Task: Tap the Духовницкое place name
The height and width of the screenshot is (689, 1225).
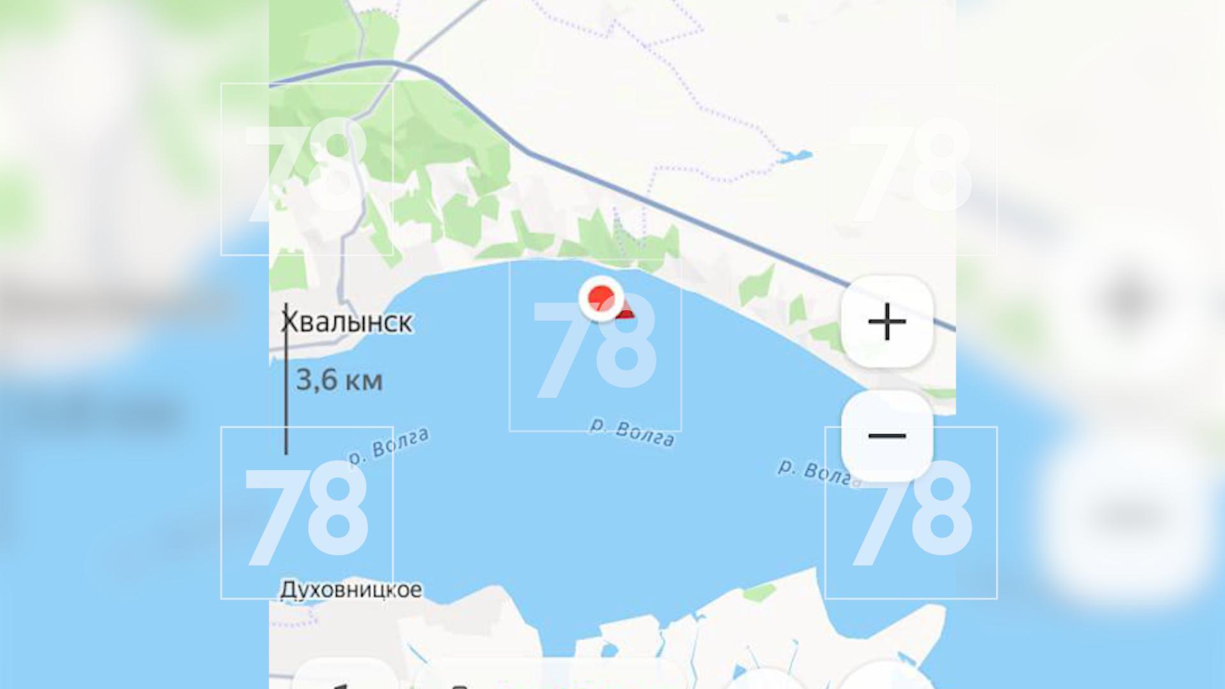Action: click(x=351, y=589)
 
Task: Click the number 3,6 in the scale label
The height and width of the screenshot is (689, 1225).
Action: click(x=316, y=380)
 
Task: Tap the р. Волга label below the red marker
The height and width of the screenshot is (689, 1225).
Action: click(x=632, y=433)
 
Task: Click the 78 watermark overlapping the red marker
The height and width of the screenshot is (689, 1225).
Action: click(x=595, y=348)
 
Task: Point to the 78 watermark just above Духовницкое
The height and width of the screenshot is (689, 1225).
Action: click(x=307, y=514)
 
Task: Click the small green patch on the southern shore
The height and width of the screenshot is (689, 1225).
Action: click(x=759, y=592)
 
